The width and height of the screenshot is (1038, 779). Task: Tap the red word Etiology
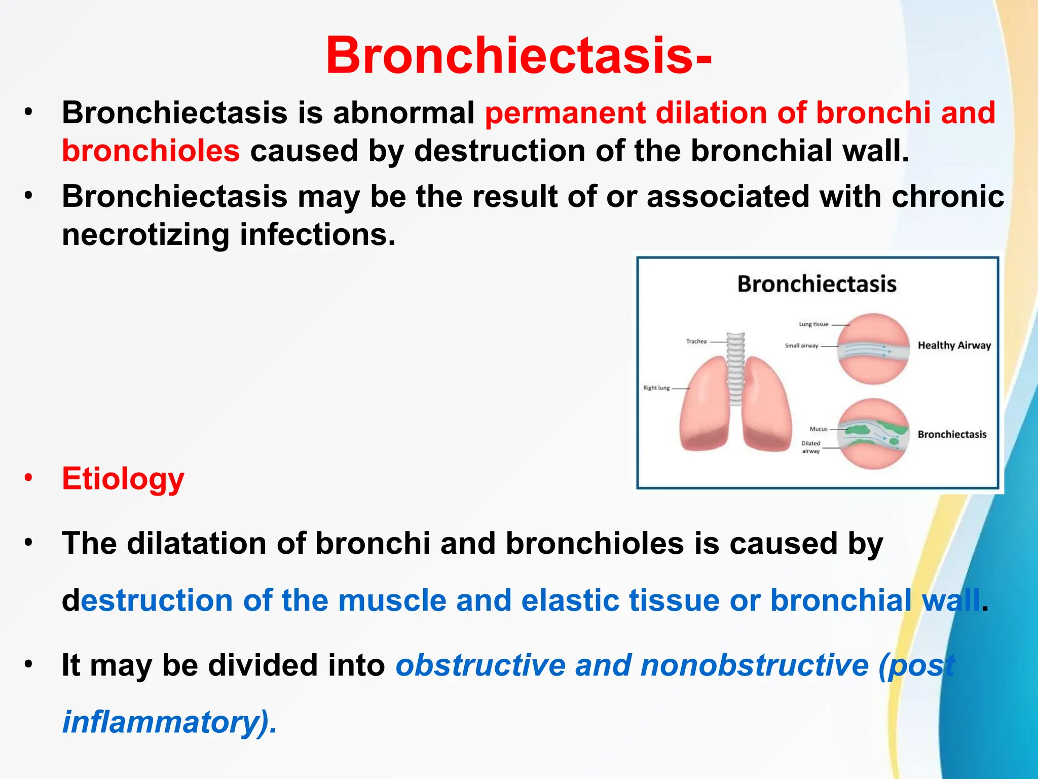[123, 478]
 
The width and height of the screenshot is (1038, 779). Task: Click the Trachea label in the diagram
[696, 341]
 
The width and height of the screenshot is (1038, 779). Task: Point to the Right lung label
[656, 388]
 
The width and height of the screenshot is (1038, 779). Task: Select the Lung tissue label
[813, 324]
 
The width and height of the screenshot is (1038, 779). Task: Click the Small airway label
[801, 346]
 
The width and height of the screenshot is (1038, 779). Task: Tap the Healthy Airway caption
[954, 345]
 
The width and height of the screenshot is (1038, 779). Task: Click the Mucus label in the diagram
[818, 429]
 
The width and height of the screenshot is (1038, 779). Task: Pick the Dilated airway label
[810, 447]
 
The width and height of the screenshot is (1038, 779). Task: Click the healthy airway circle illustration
[873, 349]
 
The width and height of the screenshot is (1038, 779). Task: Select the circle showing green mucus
[873, 434]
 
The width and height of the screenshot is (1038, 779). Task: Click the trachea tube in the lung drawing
[735, 365]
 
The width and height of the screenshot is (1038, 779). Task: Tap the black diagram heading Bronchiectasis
[817, 284]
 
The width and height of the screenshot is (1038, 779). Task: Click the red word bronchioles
[151, 151]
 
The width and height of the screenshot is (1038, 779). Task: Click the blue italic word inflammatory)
[169, 722]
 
